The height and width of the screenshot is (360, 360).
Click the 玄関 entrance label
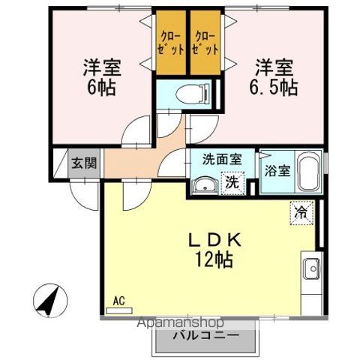point(83,162)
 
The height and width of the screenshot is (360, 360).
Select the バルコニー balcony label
point(208,334)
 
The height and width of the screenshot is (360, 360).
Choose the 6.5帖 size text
point(274,87)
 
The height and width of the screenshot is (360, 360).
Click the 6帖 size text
point(102,85)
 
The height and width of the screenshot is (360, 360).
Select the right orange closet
point(205,42)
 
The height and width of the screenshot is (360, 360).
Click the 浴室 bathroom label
point(277,170)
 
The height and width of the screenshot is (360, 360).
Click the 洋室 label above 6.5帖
point(273,66)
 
